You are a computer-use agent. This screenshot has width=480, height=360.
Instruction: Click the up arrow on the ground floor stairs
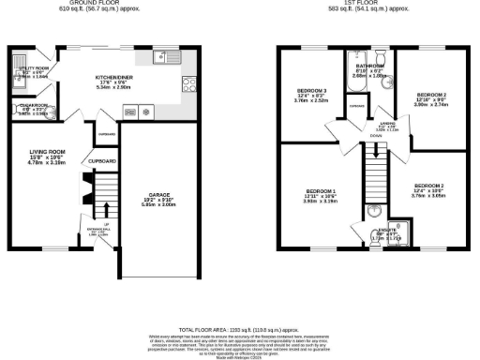(106, 207)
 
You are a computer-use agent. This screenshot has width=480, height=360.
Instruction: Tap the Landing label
(385, 124)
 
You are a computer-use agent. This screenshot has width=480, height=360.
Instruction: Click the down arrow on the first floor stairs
(375, 137)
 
